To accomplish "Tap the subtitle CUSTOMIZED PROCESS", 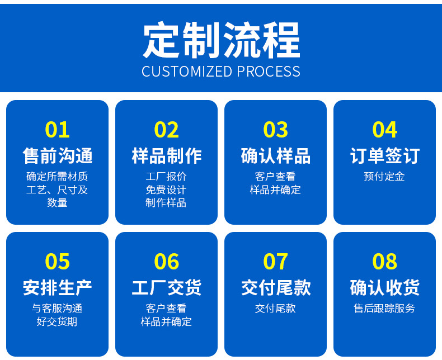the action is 221,72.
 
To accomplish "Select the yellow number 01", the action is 57,130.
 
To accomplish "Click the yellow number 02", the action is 166,130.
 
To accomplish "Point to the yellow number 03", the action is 275,130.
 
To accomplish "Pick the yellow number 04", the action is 384,130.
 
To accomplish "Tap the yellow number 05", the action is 57,262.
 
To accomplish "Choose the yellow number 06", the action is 166,262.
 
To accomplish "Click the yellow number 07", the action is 275,262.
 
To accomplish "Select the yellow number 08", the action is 384,262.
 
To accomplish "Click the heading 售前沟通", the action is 57,156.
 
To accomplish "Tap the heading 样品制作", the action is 166,156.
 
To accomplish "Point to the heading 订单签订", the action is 384,156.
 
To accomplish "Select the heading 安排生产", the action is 57,288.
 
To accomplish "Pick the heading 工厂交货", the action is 166,288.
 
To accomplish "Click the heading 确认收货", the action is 384,288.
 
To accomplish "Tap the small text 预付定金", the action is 384,177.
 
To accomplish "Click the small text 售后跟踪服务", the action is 384,308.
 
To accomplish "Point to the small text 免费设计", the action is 166,190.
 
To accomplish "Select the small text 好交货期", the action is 57,321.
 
